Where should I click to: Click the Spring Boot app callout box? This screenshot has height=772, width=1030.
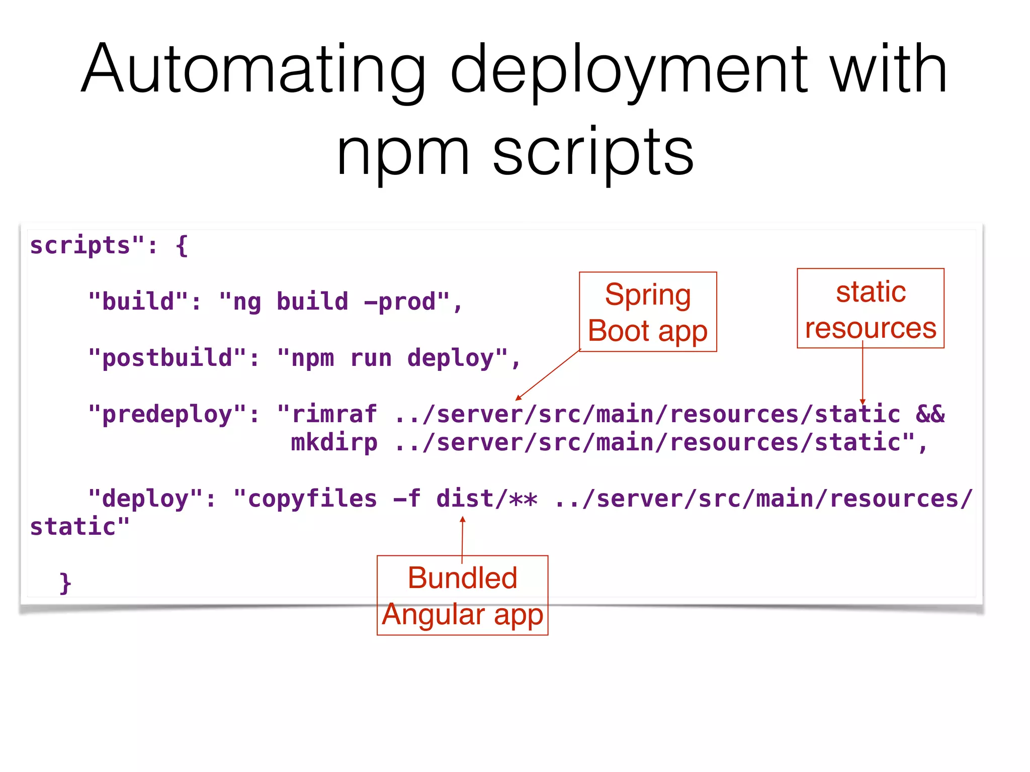click(x=648, y=312)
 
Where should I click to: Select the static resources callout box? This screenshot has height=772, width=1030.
click(x=870, y=309)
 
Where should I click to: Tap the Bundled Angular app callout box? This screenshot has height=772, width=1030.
click(x=462, y=596)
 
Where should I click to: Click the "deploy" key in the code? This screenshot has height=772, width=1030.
click(x=145, y=499)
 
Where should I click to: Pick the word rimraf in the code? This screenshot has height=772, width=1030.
click(x=334, y=415)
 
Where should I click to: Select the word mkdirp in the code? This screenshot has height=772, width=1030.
click(x=334, y=443)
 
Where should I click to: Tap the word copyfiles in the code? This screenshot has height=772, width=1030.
click(x=312, y=499)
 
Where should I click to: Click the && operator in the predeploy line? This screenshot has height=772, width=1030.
click(x=930, y=415)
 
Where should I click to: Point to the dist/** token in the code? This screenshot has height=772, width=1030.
click(x=487, y=499)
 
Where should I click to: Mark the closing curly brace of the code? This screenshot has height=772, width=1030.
click(x=65, y=583)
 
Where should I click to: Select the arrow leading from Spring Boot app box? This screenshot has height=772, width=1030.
click(x=548, y=375)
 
